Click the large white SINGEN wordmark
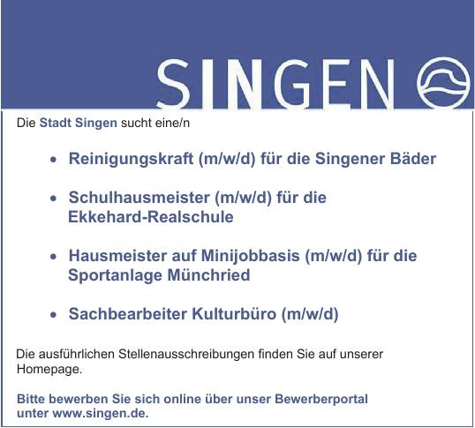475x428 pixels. click(x=275, y=84)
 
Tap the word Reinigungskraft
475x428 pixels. click(x=131, y=159)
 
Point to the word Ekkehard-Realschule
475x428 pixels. click(x=151, y=217)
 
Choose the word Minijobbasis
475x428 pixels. click(x=250, y=255)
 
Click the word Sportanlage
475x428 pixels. click(x=115, y=275)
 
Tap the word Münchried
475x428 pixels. click(x=208, y=274)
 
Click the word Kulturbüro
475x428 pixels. click(x=234, y=313)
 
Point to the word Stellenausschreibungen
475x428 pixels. click(x=186, y=354)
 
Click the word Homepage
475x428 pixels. click(x=49, y=369)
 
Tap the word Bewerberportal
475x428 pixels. click(x=321, y=399)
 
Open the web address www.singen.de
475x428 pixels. click(x=101, y=413)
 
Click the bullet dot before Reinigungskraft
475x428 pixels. click(x=54, y=160)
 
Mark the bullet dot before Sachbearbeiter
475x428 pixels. click(x=54, y=315)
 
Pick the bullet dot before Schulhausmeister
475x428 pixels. click(x=54, y=199)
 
